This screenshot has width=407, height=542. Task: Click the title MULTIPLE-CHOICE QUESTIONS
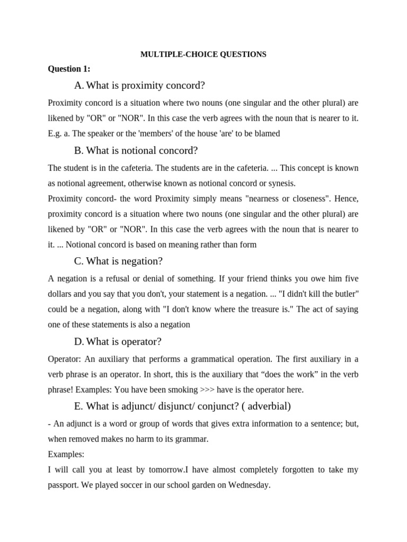pyautogui.click(x=203, y=55)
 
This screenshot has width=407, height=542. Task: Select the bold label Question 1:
pyautogui.click(x=69, y=69)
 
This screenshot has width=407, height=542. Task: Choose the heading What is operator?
pyautogui.click(x=118, y=341)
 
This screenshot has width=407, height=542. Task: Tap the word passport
pyautogui.click(x=64, y=485)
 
